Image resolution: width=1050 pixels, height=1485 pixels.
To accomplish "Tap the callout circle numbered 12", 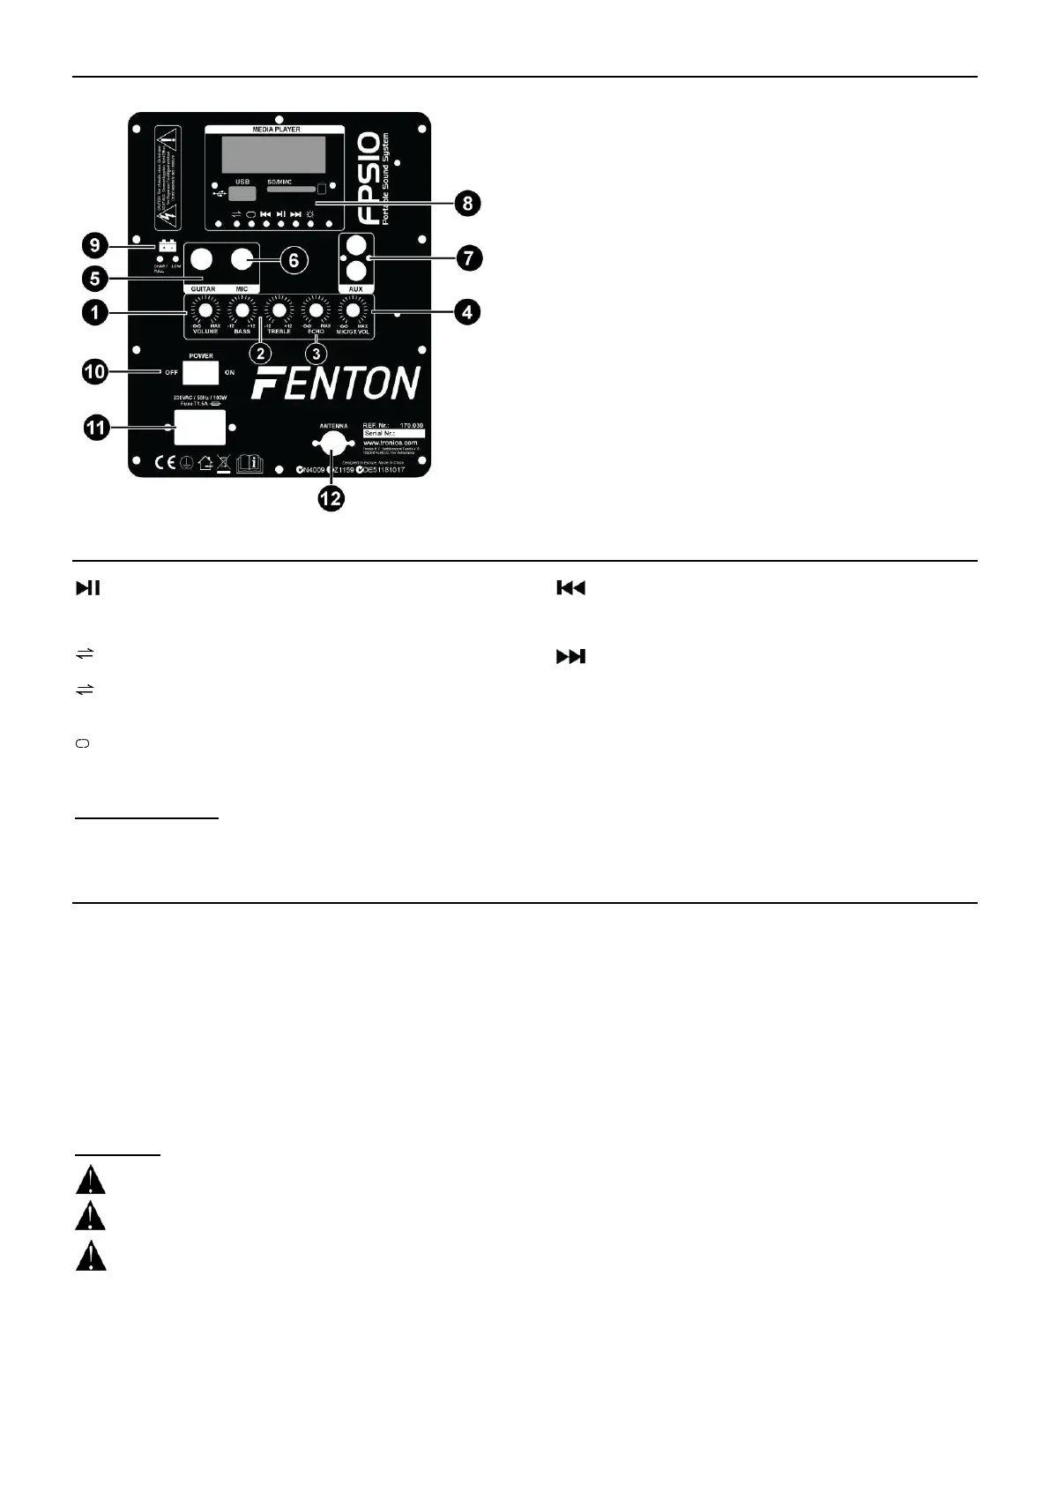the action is [331, 498].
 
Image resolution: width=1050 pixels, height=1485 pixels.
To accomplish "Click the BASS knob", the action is [242, 311].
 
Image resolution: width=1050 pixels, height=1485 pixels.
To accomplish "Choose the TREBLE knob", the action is [279, 311].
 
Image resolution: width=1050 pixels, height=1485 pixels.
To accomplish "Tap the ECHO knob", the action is [316, 311].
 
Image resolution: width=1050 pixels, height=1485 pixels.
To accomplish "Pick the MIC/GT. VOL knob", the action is [353, 311].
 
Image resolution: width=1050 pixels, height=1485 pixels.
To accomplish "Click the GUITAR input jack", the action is [204, 259].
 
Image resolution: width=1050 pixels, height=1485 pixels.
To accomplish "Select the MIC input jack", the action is [242, 259].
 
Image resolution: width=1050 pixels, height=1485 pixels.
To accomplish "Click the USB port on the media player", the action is [242, 193].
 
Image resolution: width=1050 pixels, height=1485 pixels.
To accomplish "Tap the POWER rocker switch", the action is [200, 372].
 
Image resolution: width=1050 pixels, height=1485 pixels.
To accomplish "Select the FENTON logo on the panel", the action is [336, 384].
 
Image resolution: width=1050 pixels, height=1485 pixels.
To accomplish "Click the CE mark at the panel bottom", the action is [164, 462].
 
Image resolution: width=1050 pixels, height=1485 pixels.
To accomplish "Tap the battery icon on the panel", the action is [168, 246].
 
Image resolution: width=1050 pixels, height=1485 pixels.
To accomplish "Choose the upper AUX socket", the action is [356, 245].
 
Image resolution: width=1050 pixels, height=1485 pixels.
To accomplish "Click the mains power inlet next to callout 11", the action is [199, 428].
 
